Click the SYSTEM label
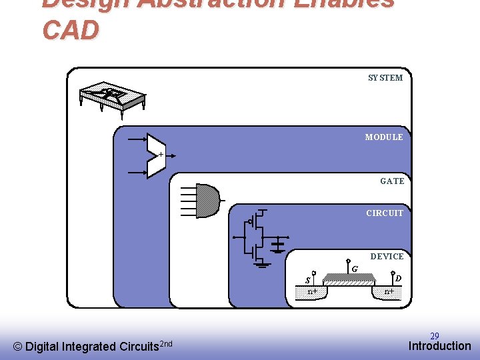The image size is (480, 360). coord(385,78)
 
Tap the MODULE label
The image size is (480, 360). coord(384,137)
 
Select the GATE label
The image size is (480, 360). coord(392,181)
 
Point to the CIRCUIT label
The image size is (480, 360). coord(385,213)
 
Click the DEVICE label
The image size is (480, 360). coord(387,257)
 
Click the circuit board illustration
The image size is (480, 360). coord(112,99)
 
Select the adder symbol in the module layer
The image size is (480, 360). coord(155,156)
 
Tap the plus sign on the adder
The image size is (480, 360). coord(160,154)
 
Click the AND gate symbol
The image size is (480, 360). coord(207,200)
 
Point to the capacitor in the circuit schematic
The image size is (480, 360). coord(277,247)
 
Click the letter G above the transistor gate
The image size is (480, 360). coord(355,269)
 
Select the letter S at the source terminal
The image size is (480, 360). coord(307,280)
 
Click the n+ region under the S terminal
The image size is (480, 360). coord(311,292)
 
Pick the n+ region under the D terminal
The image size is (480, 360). coord(389,291)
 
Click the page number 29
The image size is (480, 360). coord(434,336)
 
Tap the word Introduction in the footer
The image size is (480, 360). coord(439,346)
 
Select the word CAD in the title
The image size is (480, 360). coord(71,31)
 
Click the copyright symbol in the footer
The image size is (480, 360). coord(18,347)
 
